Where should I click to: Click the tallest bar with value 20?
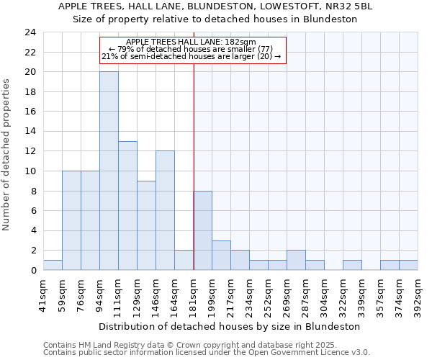[x=109, y=171]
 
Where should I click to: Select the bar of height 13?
[x=127, y=205]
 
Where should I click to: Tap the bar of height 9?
[x=146, y=225]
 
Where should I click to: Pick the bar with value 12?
[x=165, y=210]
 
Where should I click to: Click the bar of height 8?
[x=202, y=230]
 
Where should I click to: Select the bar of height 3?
[x=221, y=255]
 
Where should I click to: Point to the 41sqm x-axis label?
[x=43, y=294]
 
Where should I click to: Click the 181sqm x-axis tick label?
[x=193, y=294]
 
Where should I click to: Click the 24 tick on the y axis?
[x=30, y=32]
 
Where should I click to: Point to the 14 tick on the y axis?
[x=30, y=132]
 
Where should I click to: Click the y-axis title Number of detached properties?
[x=8, y=155]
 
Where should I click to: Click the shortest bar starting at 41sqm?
[x=53, y=265]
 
